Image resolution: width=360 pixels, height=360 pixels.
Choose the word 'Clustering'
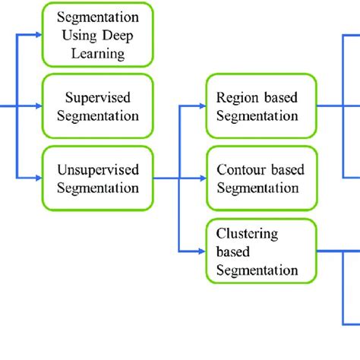tap(247, 233)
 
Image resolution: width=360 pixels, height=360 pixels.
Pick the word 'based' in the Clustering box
tap(233, 251)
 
